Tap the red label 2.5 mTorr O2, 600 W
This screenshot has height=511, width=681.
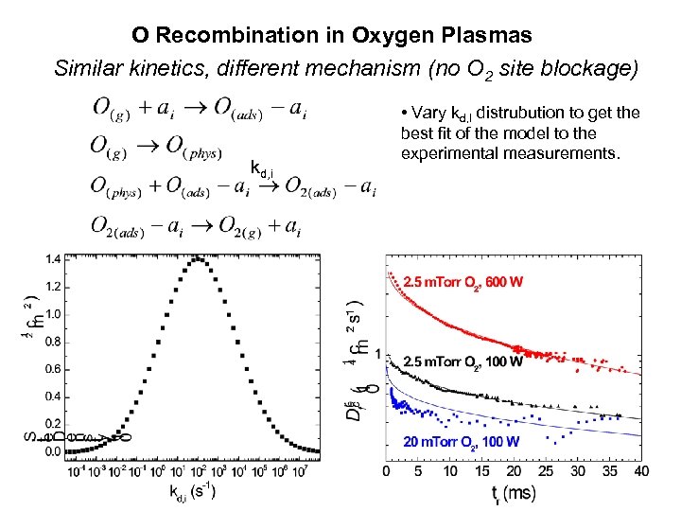pos(463,282)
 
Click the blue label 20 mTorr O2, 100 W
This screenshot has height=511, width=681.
pos(461,442)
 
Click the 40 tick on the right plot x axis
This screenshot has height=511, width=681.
pos(640,470)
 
